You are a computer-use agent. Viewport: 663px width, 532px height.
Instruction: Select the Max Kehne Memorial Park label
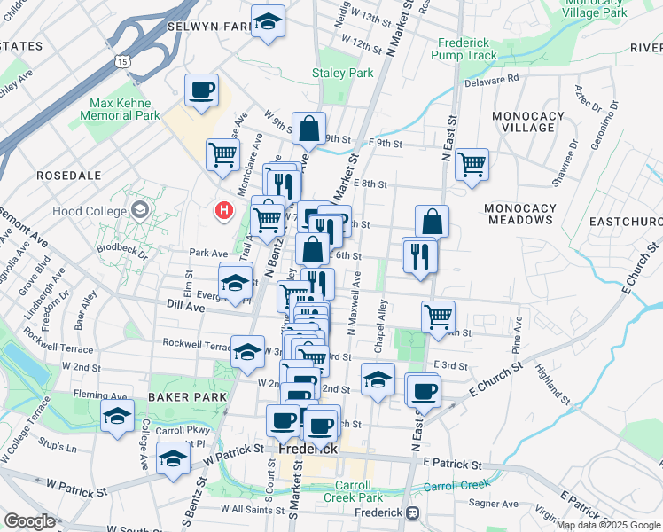(123, 109)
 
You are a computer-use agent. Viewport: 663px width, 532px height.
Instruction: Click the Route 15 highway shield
(121, 60)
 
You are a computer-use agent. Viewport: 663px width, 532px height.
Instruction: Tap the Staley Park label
(343, 73)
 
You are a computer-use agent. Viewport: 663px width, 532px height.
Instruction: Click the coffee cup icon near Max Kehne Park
(201, 90)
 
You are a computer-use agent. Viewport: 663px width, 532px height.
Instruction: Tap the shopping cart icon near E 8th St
(472, 163)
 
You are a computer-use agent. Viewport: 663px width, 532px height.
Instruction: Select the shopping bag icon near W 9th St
(308, 129)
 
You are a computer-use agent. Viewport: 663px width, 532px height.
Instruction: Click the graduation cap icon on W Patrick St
(173, 458)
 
